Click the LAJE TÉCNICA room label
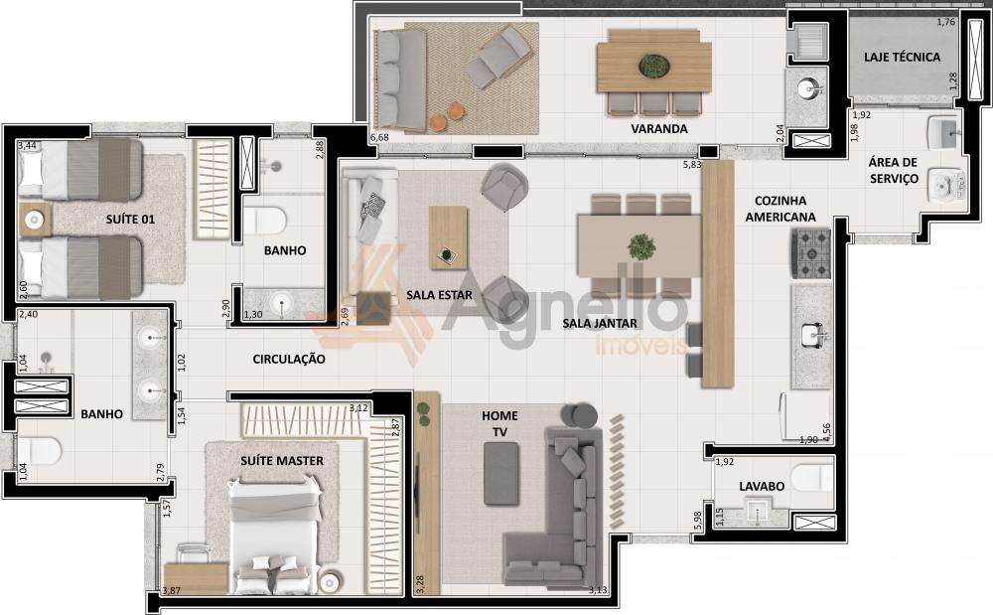[902, 57]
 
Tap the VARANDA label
[658, 128]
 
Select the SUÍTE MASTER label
[282, 460]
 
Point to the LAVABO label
[762, 487]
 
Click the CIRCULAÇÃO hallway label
[289, 359]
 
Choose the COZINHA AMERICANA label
[780, 209]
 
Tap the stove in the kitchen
[810, 253]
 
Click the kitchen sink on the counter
[812, 335]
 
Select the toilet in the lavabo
[811, 478]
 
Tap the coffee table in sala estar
[449, 237]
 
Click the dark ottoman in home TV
[501, 474]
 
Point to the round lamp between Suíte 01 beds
[34, 220]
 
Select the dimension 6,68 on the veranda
[378, 137]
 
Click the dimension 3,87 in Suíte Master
[171, 591]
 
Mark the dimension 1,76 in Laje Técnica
[945, 22]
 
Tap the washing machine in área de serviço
[946, 185]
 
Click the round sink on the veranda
[806, 88]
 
